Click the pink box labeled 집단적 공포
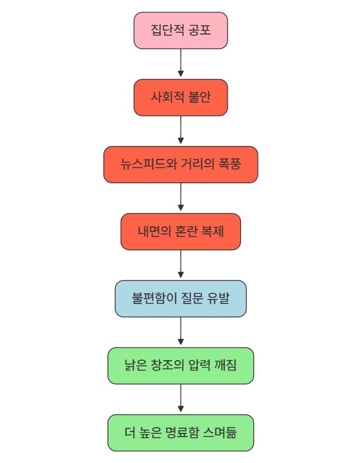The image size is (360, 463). (181, 30)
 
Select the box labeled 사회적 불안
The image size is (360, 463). (181, 98)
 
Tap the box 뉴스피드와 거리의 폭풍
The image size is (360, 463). (181, 165)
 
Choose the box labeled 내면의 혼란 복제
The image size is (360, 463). (181, 232)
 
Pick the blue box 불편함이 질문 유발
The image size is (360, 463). (181, 298)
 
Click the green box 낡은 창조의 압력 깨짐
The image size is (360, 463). (181, 365)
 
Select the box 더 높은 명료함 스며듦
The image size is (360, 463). (181, 433)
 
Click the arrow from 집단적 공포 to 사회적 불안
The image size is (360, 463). (181, 62)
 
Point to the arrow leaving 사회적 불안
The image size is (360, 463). (181, 130)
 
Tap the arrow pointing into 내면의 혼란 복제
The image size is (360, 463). (181, 197)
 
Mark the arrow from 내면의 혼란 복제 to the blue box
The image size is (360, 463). (181, 264)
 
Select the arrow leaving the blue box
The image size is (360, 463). (181, 331)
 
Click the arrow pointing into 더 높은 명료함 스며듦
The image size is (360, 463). (181, 398)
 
